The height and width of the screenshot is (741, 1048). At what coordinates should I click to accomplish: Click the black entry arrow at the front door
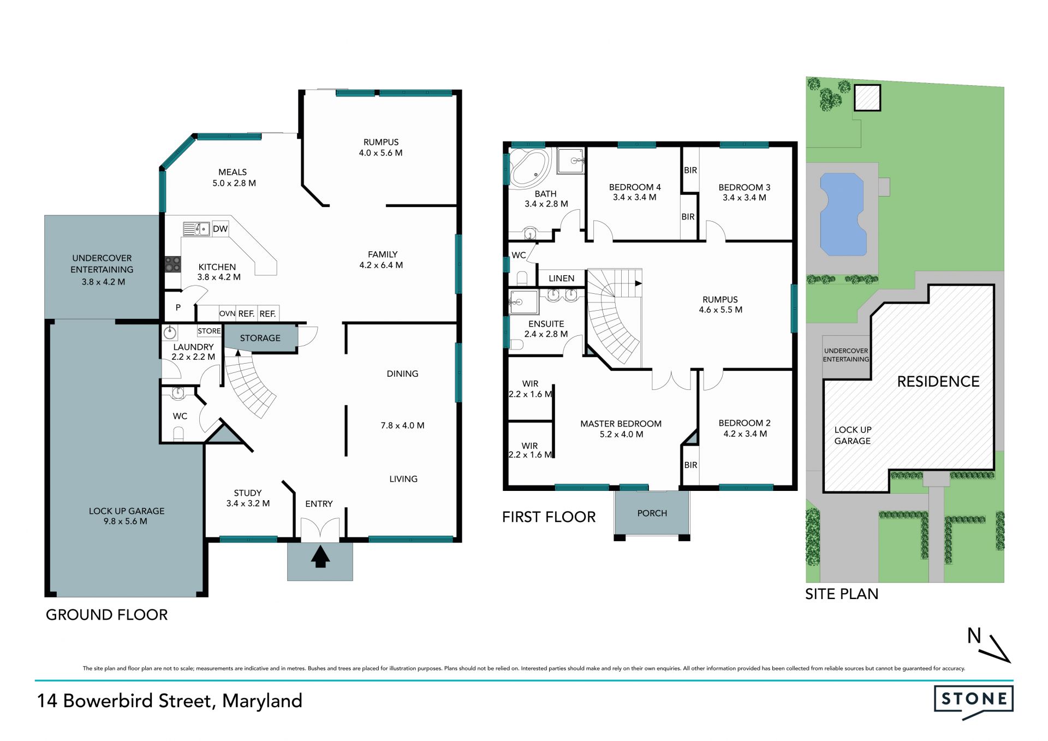pyautogui.click(x=320, y=557)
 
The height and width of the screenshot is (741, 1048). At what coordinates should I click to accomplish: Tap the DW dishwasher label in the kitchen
pyautogui.click(x=220, y=229)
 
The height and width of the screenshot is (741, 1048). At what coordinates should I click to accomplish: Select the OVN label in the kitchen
pyautogui.click(x=227, y=313)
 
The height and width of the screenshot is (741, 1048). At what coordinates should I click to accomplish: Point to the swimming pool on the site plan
pyautogui.click(x=843, y=214)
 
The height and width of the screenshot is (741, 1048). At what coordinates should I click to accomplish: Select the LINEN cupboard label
pyautogui.click(x=561, y=278)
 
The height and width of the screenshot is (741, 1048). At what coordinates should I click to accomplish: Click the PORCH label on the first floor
pyautogui.click(x=652, y=513)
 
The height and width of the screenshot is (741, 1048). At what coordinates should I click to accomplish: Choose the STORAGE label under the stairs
pyautogui.click(x=260, y=338)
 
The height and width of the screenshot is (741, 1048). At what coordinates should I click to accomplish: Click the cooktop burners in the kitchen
pyautogui.click(x=173, y=264)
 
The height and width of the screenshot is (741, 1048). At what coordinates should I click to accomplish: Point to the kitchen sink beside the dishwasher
pyautogui.click(x=196, y=229)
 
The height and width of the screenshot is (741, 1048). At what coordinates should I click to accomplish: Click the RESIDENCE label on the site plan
pyautogui.click(x=938, y=381)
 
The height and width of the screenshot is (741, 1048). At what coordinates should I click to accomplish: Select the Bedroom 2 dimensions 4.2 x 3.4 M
pyautogui.click(x=745, y=434)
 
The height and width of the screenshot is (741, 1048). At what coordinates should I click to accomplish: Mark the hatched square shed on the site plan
pyautogui.click(x=867, y=98)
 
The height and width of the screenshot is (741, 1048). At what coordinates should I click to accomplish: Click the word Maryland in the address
pyautogui.click(x=262, y=701)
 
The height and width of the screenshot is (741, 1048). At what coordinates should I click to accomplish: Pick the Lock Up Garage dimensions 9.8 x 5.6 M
pyautogui.click(x=126, y=521)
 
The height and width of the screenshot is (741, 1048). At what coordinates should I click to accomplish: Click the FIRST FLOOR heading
pyautogui.click(x=549, y=517)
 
